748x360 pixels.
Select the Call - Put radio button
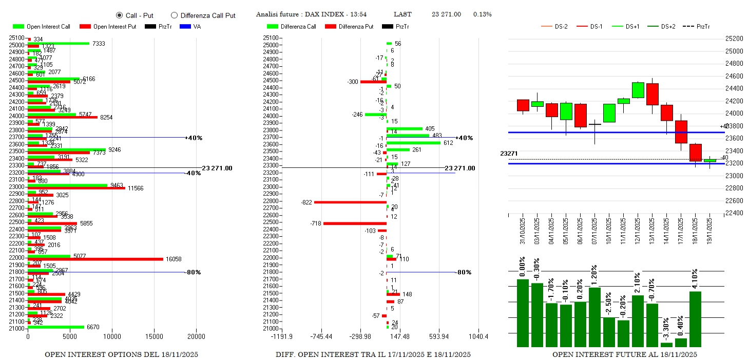(120, 15)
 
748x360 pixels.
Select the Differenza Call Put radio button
(174, 15)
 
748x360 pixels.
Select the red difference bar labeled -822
(350, 202)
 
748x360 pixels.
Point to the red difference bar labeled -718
(355, 223)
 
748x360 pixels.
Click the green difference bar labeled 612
(413, 143)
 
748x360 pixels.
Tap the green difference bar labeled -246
(375, 114)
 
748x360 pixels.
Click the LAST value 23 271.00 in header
(446, 14)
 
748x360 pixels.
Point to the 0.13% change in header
(483, 14)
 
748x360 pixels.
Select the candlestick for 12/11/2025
(638, 90)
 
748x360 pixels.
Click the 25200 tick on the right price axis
(734, 39)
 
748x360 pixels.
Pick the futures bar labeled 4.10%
(695, 319)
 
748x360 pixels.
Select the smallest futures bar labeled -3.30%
(666, 345)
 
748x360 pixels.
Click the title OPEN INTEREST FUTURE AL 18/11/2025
(624, 354)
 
